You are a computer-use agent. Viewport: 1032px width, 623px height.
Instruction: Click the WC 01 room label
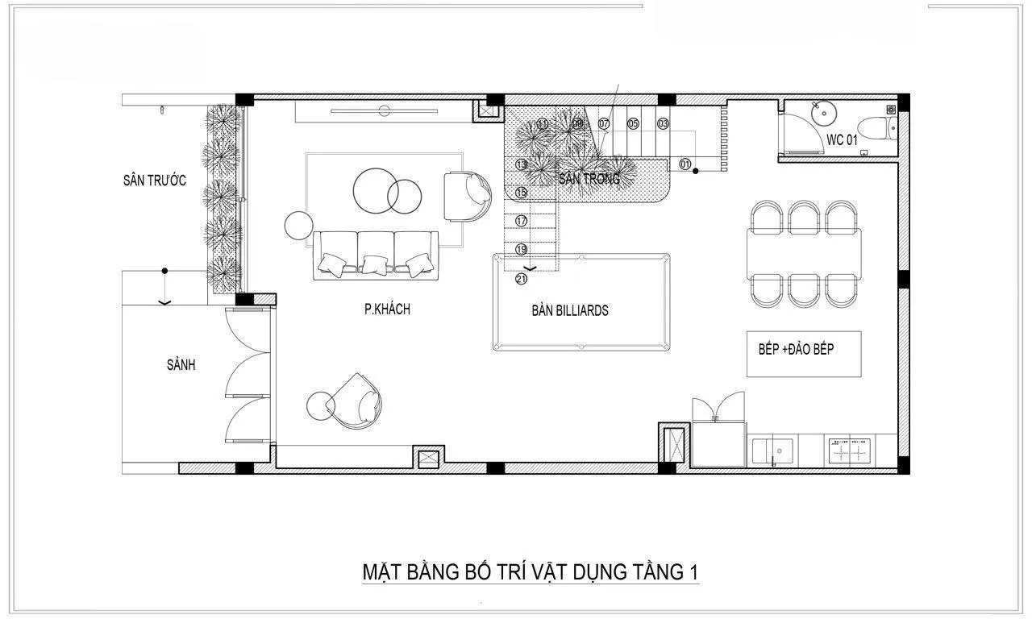pyautogui.click(x=840, y=139)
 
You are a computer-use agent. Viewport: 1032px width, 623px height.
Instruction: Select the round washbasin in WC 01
pyautogui.click(x=823, y=113)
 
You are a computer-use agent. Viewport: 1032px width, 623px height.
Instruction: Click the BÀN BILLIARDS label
pyautogui.click(x=569, y=310)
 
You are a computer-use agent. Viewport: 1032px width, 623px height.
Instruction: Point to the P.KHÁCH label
pyautogui.click(x=387, y=309)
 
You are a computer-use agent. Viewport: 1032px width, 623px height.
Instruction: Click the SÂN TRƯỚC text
pyautogui.click(x=154, y=180)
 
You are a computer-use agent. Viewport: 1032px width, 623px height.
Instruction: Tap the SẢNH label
pyautogui.click(x=181, y=365)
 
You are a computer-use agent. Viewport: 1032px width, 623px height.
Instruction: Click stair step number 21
pyautogui.click(x=521, y=280)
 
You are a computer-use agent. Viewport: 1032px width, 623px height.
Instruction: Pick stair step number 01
pyautogui.click(x=685, y=164)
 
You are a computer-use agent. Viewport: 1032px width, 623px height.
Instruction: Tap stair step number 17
pyautogui.click(x=521, y=220)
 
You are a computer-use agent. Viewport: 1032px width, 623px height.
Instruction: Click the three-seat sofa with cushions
pyautogui.click(x=376, y=255)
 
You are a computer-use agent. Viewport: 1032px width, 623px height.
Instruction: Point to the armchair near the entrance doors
pyautogui.click(x=356, y=400)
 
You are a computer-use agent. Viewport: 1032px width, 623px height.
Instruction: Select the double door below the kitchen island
pyautogui.click(x=718, y=407)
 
